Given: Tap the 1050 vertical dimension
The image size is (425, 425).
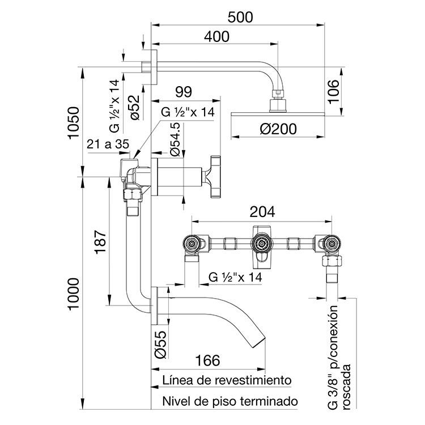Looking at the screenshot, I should [x=71, y=123].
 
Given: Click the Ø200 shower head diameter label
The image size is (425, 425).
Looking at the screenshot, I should [x=278, y=130].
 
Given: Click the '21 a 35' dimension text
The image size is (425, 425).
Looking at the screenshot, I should [x=108, y=144].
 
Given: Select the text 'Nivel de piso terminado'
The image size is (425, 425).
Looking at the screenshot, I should [x=229, y=401].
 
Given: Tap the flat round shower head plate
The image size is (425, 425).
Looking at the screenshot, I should [x=278, y=115].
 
